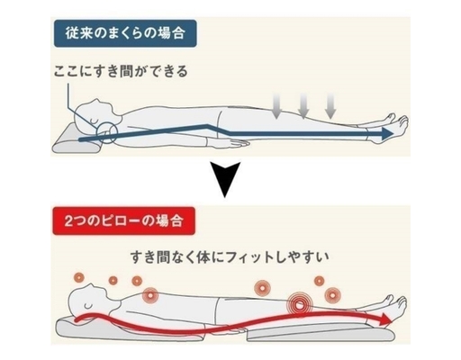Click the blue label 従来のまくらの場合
click(125, 33)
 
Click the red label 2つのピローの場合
click(123, 221)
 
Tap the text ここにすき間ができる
click(121, 71)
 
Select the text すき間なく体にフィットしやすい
click(230, 257)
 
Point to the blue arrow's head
click(388, 133)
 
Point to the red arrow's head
click(385, 319)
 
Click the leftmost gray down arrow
click(276, 105)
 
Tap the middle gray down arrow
click(303, 105)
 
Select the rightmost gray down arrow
click(330, 105)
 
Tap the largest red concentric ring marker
click(299, 305)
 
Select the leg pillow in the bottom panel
click(321, 331)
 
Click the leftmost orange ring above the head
click(79, 278)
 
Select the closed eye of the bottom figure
click(87, 306)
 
